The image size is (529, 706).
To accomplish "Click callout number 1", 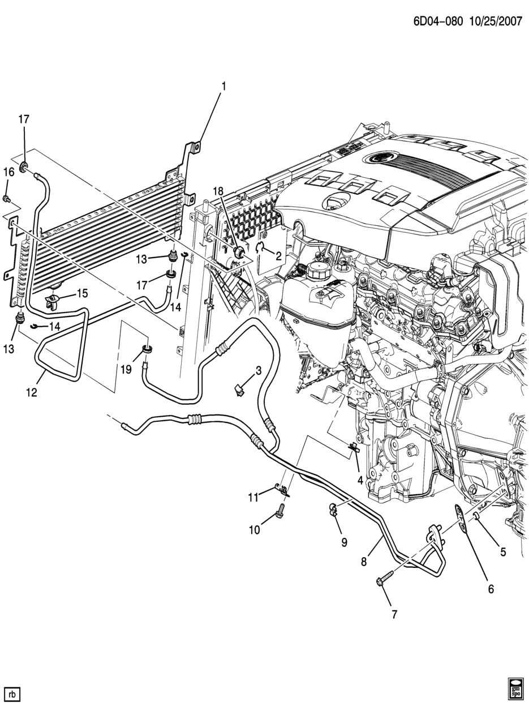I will point(223,87).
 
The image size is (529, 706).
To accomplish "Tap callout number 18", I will point(219,191).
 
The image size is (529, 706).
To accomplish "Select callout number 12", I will point(32,392).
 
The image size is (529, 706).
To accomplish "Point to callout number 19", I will point(126,369).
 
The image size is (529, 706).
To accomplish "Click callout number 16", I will point(9,172).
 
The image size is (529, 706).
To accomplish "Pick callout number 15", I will point(83,293).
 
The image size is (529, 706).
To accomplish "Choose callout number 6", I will point(491,589).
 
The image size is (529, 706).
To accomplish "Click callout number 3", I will point(258,371).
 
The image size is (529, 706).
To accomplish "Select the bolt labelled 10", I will point(279,513).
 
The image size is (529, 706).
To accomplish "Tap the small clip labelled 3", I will point(239,389).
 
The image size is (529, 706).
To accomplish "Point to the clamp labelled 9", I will point(333,509).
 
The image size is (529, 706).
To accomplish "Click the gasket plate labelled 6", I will point(462,520).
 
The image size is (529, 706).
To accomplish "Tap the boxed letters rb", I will point(12,694).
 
